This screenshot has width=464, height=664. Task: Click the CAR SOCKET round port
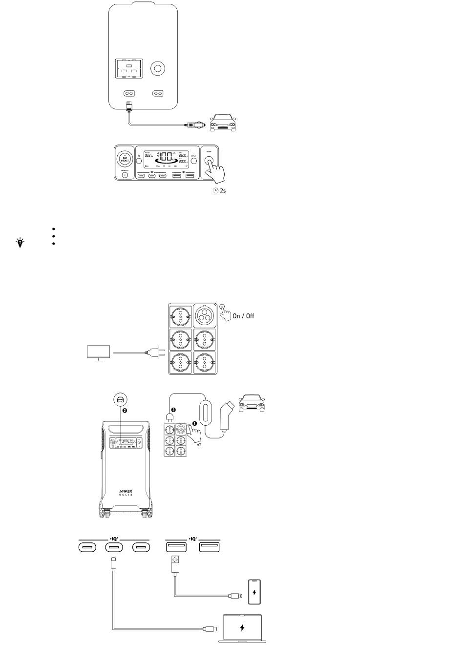click(x=125, y=160)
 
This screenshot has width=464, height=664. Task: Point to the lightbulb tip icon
click(x=20, y=242)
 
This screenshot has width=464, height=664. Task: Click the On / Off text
click(x=243, y=316)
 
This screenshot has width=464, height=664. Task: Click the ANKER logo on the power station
click(x=126, y=491)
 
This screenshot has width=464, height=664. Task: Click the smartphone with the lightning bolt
click(x=254, y=592)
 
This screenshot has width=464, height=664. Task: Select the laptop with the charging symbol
click(x=242, y=628)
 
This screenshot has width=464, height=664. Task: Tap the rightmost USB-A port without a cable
click(x=209, y=547)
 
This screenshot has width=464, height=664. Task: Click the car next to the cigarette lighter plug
click(x=222, y=123)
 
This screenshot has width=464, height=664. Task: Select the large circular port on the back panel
click(x=157, y=69)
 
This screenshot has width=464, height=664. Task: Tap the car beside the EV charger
click(x=251, y=404)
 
